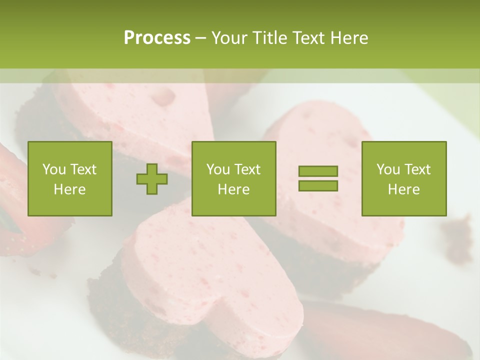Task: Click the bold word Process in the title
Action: [157, 38]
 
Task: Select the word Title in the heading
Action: [270, 38]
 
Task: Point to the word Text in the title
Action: [309, 38]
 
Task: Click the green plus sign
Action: [152, 179]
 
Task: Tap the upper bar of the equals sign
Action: [318, 171]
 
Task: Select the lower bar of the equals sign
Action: [318, 186]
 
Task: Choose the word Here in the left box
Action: [69, 189]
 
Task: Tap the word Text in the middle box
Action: [247, 169]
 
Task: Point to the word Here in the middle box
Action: [233, 189]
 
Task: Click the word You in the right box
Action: [388, 169]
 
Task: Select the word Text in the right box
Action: [417, 169]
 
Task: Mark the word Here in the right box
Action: [403, 189]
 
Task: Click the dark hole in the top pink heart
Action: [164, 98]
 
